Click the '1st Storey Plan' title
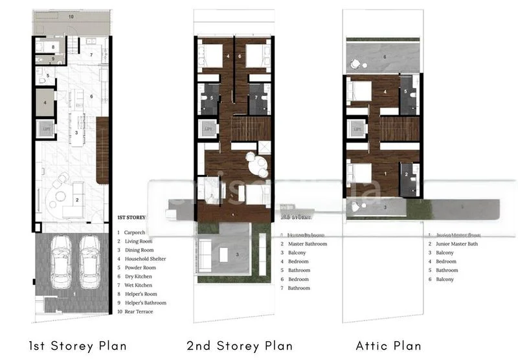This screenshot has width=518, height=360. pos(78,346)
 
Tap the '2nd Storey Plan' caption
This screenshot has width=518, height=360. pos(240,346)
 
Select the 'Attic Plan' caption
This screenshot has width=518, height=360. pos(388,346)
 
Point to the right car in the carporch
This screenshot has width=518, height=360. pos(89,262)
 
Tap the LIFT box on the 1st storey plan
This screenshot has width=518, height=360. pos(45,128)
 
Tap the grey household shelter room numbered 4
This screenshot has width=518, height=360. pos(45,102)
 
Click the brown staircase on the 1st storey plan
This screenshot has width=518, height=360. pos(102,150)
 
